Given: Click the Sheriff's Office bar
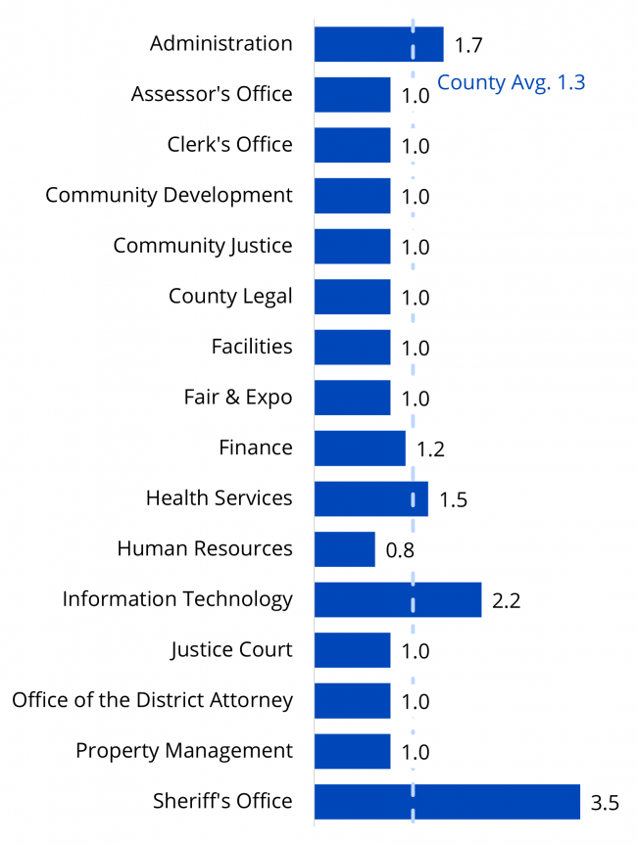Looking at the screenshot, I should coord(447,801).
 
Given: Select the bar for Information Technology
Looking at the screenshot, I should coord(398,599).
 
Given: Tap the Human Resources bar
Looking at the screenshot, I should coord(345,549).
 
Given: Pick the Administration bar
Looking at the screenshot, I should coord(378,44).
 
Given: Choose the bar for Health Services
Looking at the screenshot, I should coord(371,498).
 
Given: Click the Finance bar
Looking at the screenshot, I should coord(360,448).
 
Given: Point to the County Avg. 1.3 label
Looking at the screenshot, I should coord(511,82).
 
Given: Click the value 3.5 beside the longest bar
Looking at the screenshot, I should coord(605,804).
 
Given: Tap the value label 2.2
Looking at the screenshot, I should coord(506,601).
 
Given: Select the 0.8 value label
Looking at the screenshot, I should coord(400,550).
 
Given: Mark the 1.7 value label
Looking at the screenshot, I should coord(468,45).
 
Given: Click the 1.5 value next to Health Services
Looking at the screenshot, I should coord(453,500).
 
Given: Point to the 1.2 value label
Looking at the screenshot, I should coord(431,450).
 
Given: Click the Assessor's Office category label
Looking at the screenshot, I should coord(212,94).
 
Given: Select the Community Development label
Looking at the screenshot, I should coord(169,195).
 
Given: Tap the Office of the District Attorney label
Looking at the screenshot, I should coord(152,700).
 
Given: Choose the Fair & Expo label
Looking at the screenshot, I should coord(238,397).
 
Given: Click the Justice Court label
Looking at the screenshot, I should coord(231,649).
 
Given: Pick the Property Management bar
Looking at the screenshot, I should coord(352,751).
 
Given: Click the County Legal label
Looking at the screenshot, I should coord(230,296).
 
